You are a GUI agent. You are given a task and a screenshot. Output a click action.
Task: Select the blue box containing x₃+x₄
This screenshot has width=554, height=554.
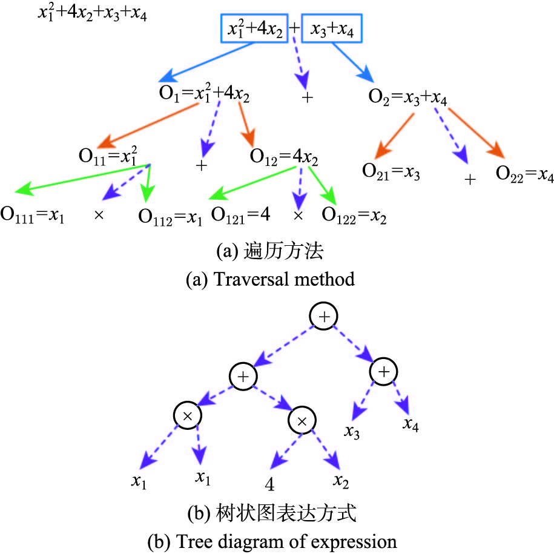tap(334, 28)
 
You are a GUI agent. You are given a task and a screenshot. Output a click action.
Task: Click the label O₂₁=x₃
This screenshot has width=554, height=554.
tap(391, 172)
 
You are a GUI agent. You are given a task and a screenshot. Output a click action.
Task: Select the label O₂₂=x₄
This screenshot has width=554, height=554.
tap(524, 174)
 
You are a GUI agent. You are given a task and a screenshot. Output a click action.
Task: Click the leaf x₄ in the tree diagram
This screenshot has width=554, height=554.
tap(411, 424)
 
